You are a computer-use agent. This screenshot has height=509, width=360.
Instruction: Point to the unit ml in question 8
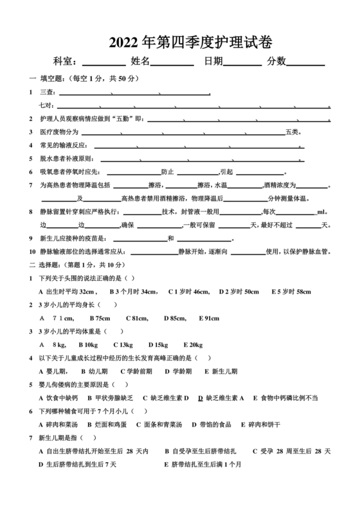(321, 211)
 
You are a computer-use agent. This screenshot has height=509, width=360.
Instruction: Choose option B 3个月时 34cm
(132, 291)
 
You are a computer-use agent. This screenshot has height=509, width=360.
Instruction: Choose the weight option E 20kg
(192, 344)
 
